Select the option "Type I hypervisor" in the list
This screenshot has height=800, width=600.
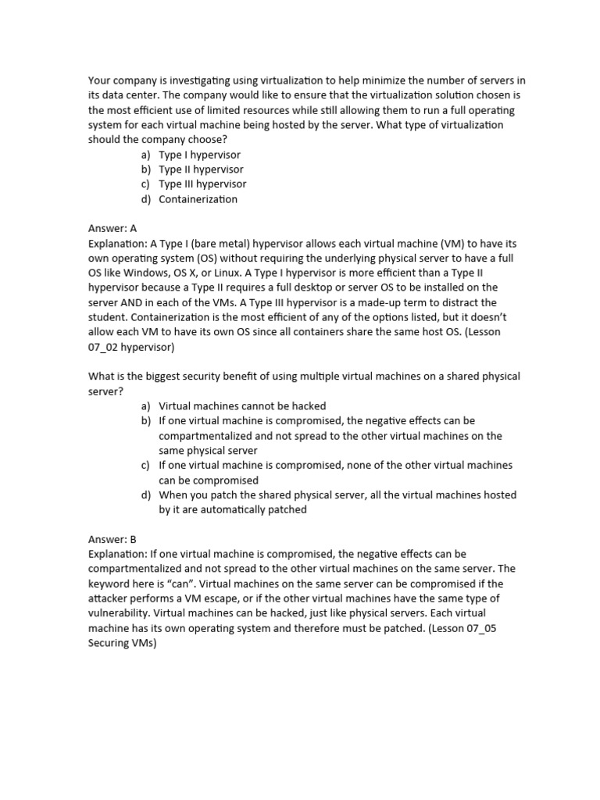199,155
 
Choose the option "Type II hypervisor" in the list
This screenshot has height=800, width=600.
201,170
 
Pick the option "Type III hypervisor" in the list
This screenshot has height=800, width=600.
202,184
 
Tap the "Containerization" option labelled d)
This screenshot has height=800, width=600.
198,199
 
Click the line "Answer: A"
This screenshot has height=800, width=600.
112,229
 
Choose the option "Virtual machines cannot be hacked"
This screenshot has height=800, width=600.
242,406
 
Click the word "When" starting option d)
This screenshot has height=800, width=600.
173,495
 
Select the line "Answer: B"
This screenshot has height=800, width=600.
112,540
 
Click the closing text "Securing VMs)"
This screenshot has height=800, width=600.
123,644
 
